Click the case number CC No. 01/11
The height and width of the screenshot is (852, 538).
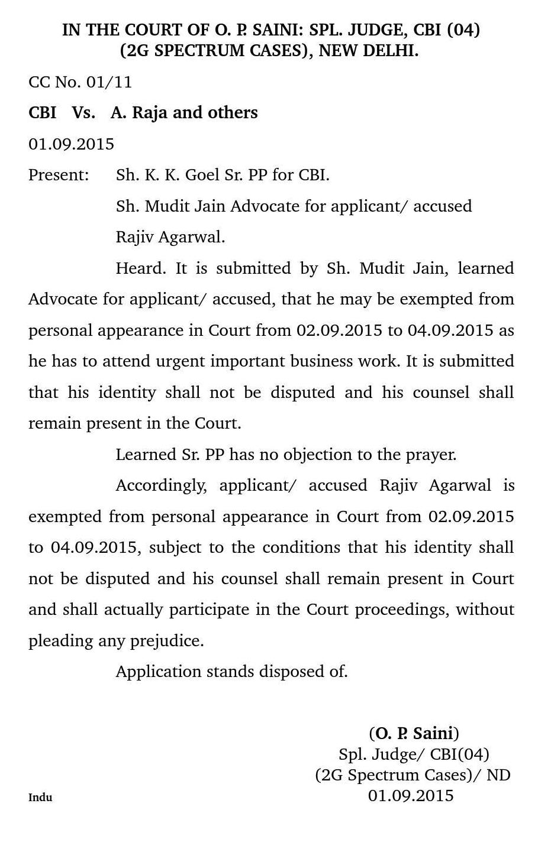click(x=80, y=82)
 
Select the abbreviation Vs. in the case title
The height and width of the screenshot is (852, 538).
click(x=83, y=113)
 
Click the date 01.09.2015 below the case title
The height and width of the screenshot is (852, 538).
click(x=71, y=144)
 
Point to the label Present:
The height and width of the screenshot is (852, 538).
click(x=59, y=175)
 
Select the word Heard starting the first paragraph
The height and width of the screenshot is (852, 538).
click(x=140, y=268)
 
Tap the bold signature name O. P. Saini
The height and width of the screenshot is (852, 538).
click(x=414, y=734)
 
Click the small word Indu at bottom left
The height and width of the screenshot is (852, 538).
click(x=40, y=798)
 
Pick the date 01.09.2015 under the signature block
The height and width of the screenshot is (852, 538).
click(x=411, y=796)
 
